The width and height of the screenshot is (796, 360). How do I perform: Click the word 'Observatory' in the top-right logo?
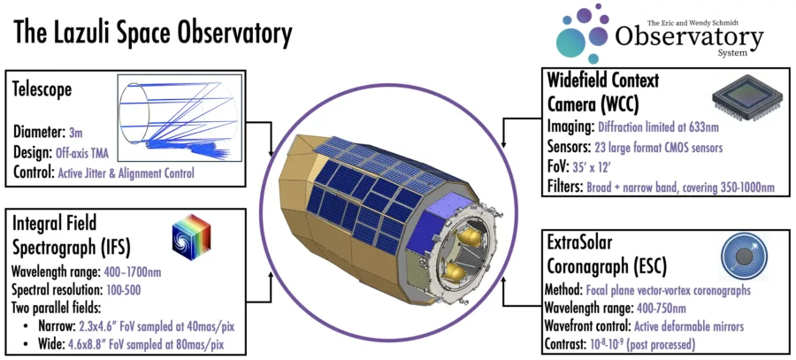point(689,37)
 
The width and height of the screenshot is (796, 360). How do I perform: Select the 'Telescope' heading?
point(42,90)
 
